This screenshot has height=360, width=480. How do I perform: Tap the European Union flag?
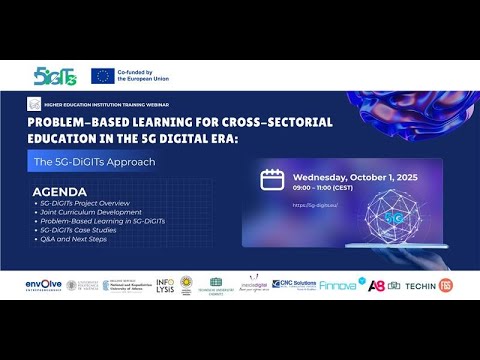click(x=102, y=75)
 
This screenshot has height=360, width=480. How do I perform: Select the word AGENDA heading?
click(x=60, y=191)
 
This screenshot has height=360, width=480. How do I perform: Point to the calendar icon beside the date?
click(x=272, y=179)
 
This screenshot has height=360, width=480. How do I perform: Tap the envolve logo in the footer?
click(x=43, y=285)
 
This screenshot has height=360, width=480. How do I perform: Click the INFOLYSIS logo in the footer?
click(x=165, y=285)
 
